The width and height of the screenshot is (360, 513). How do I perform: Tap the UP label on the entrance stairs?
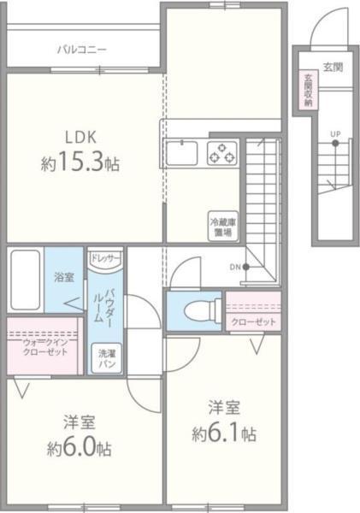coord(334,135)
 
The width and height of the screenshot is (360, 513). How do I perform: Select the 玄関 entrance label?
coord(333,68)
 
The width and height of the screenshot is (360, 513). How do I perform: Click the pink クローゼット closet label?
coord(254,321)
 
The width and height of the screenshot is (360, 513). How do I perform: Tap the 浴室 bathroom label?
coord(63,278)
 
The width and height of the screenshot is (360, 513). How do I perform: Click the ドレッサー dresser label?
coord(105,257)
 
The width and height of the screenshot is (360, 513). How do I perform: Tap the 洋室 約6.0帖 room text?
coord(79,435)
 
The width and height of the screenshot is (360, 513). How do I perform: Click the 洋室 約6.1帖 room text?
coord(223,419)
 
